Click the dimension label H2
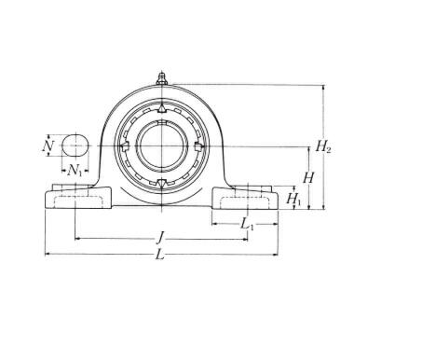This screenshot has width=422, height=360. coord(323,145)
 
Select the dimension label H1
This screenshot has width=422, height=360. coord(293,199)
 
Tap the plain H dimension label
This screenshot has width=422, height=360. coord(308,178)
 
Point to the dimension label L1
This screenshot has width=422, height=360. coord(248,224)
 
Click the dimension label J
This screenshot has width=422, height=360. coord(160,238)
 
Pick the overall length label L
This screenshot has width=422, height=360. coord(159,255)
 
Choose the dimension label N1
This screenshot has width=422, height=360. coord(75,171)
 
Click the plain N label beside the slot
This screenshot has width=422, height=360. coord(48,145)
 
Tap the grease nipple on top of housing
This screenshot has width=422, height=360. coord(161,78)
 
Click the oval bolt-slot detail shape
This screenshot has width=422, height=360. coord(75,145)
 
